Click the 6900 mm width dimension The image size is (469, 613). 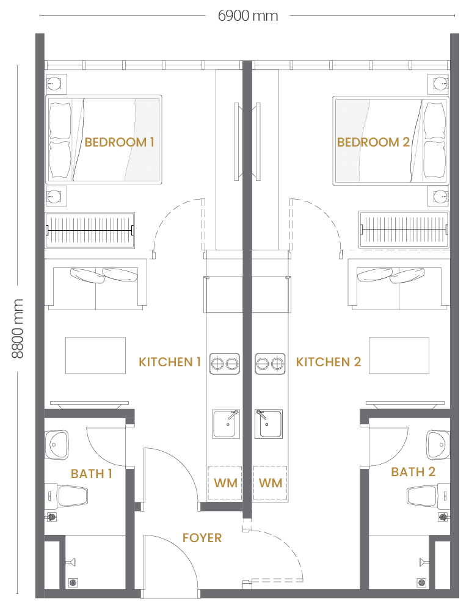(247, 16)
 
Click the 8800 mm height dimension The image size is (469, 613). (18, 328)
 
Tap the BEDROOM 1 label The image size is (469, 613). (119, 142)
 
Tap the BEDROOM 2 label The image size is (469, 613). (373, 142)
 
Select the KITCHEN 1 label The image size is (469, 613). (170, 362)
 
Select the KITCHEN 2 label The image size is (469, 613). (328, 362)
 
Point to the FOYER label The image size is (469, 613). (202, 538)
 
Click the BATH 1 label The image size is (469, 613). (92, 474)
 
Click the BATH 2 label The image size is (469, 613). (413, 472)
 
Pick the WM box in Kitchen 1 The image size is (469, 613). (225, 483)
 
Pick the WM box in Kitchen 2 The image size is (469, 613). (271, 483)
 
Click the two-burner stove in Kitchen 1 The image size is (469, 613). (225, 364)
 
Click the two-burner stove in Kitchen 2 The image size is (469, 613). (270, 364)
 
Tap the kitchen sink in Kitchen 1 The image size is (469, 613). (226, 424)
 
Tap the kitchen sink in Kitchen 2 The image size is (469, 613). (269, 424)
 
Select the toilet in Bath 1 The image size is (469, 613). (66, 496)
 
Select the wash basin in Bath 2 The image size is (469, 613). (438, 444)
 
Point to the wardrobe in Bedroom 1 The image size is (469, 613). (90, 230)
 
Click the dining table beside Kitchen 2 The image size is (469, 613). (399, 356)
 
